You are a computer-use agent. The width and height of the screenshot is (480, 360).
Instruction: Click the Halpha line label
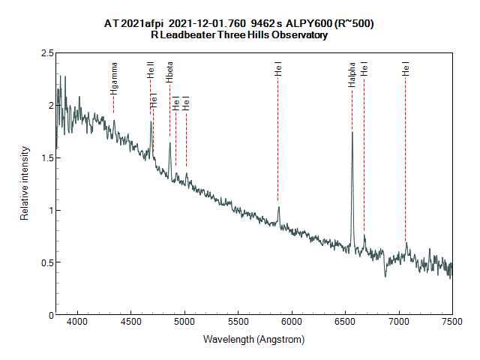point(351,79)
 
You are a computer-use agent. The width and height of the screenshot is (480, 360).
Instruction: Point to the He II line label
point(150,73)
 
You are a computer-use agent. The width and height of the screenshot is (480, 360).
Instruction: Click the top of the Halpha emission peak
point(352,133)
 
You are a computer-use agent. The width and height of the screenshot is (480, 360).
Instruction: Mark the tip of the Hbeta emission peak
point(169,143)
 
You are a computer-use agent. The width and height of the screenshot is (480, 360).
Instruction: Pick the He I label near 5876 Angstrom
point(278,70)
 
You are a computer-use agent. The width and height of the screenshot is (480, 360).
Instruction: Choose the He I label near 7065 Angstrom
point(406,70)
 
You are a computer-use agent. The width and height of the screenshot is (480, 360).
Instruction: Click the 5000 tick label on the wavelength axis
point(184,321)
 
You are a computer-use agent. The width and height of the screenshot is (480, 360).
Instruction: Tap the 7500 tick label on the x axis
point(451,321)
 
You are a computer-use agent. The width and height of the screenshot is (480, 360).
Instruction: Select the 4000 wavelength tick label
point(78,321)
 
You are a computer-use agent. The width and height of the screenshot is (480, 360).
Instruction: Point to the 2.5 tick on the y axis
point(47,53)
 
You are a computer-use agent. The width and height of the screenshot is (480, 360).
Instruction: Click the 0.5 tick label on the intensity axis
point(47,262)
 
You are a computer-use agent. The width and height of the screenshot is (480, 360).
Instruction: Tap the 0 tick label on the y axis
point(50,315)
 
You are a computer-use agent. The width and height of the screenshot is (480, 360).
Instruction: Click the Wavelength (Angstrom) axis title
point(253,340)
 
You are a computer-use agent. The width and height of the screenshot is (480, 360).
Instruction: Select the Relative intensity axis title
point(24,184)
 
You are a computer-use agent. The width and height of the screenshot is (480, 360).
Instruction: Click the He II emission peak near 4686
point(151,122)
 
